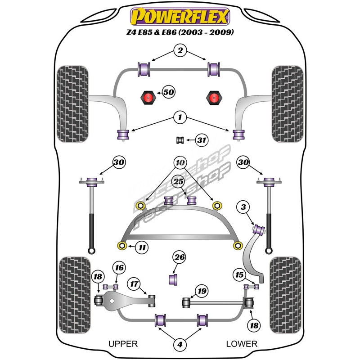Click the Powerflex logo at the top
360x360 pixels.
coord(180,16)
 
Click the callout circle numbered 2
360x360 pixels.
coord(180,51)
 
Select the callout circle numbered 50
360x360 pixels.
coord(168,92)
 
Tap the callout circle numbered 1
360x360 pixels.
coord(180,118)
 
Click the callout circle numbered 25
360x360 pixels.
coord(179,182)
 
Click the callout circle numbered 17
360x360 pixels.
coord(134,284)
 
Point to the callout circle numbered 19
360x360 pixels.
coord(202,291)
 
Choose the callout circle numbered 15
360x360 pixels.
coord(238,274)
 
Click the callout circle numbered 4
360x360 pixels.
coord(180,345)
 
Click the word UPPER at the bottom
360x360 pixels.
coord(123,344)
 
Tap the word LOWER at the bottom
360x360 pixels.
coord(241,344)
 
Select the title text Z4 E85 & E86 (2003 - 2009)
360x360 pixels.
coord(180,32)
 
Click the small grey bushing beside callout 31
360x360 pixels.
coord(180,140)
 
